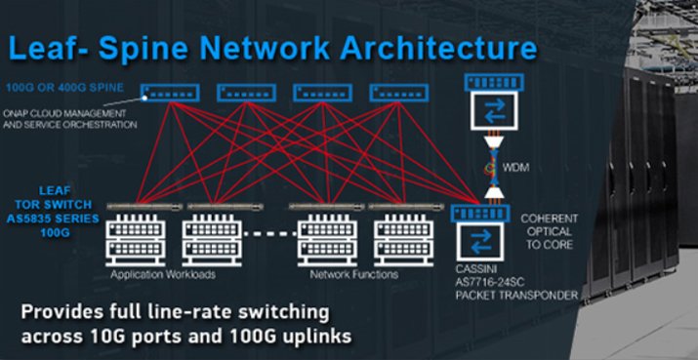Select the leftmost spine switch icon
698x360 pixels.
(169, 93)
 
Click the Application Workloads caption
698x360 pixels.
(157, 275)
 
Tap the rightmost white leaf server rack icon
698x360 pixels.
(402, 239)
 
